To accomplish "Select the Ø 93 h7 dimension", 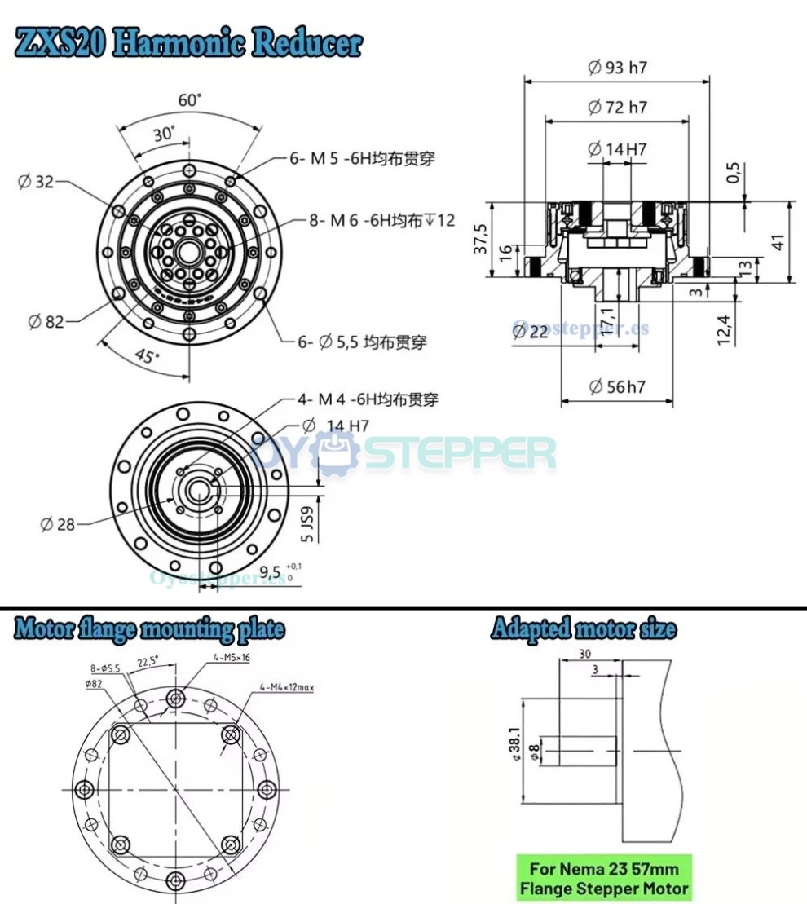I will point(617,68).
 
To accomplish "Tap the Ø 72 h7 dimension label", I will point(617,107).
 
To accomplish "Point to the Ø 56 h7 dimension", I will point(616,386).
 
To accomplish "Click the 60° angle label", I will point(190,100).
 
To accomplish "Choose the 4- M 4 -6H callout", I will point(368,399).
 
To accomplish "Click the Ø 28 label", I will point(57,524).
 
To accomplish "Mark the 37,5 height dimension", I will point(480,239).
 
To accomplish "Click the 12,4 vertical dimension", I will point(723,324).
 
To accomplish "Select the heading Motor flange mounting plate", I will point(150,628).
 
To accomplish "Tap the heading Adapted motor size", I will point(583,628).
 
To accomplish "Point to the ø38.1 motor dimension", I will point(513,744).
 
